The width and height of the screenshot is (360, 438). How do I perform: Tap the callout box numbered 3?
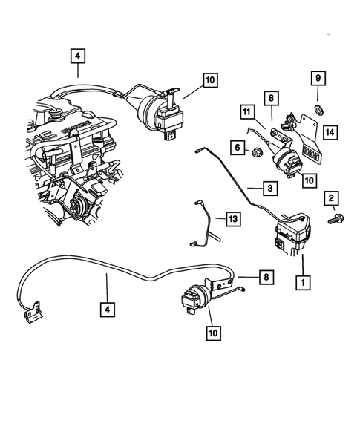click(x=270, y=189)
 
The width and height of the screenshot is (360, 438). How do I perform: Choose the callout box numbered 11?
click(x=246, y=112)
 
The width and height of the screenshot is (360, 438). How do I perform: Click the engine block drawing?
click(x=67, y=163)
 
